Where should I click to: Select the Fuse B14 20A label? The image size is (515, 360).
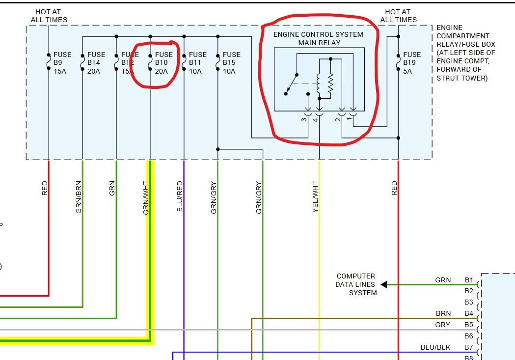point(96,63)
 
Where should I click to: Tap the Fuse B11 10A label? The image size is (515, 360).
point(198,63)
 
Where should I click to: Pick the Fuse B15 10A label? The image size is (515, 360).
point(231,63)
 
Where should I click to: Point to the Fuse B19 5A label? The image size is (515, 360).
point(412,63)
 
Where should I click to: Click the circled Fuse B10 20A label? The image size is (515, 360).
point(163,63)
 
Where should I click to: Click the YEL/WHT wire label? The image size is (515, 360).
point(315,197)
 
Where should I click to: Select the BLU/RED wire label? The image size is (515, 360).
point(180,196)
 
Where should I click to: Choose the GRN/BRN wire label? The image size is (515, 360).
point(79,197)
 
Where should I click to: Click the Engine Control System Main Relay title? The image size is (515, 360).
point(318,38)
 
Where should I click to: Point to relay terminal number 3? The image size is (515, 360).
point(304,119)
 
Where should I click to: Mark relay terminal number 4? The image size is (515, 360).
point(315,119)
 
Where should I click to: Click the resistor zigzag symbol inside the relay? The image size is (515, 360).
point(330,83)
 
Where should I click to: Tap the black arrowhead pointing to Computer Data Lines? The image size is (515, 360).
point(384,284)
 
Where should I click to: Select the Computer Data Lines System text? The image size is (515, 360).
point(356,284)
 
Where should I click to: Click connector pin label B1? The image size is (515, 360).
point(469,280)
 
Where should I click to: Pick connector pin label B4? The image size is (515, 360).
point(469,313)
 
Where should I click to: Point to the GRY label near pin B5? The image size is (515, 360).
point(442,325)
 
